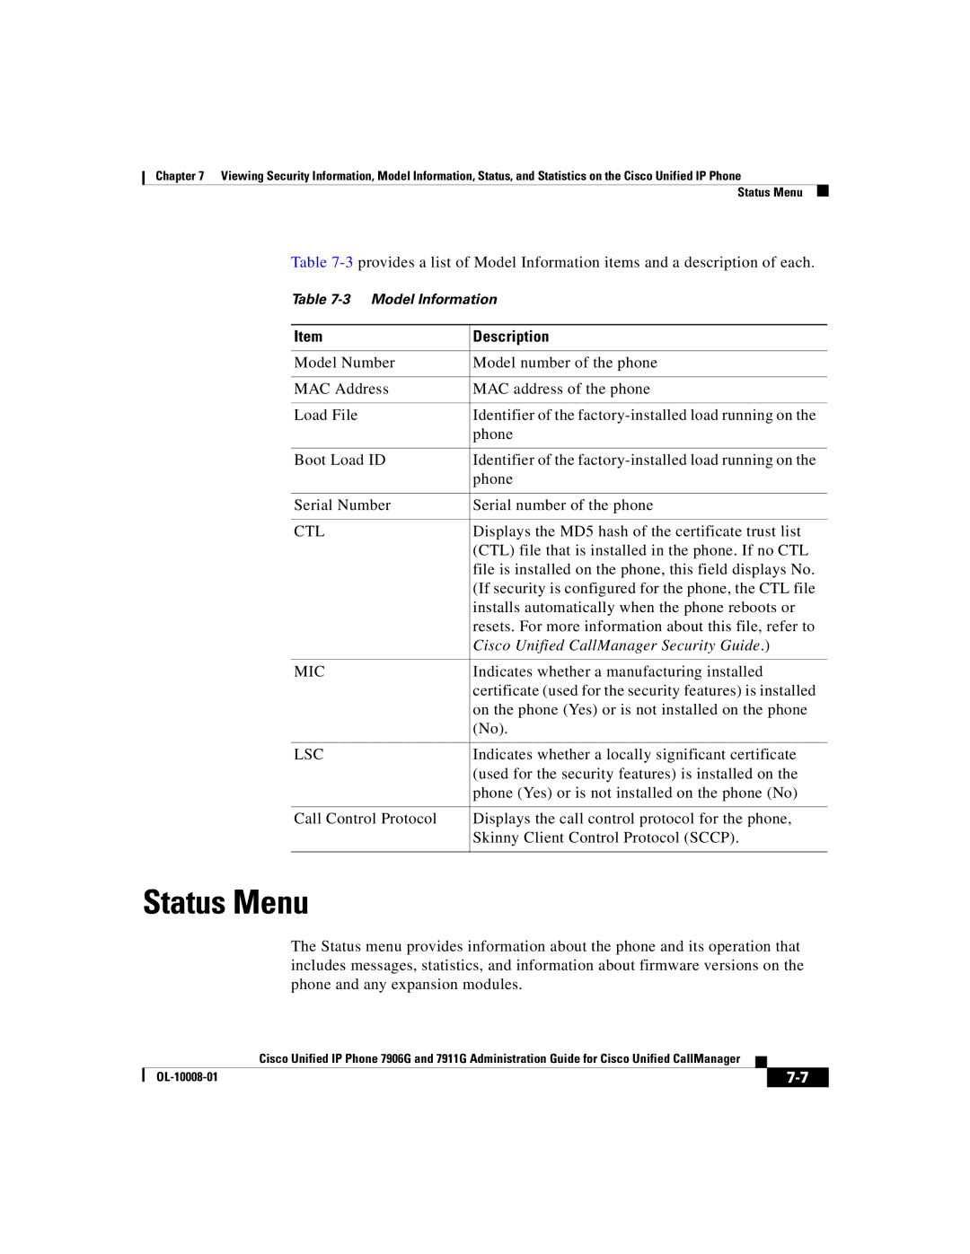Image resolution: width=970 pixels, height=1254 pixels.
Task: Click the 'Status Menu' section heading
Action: [225, 902]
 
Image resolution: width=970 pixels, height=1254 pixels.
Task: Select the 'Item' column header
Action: [308, 337]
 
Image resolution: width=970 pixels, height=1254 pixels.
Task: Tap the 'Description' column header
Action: [511, 337]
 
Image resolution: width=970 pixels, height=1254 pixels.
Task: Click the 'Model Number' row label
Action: [344, 363]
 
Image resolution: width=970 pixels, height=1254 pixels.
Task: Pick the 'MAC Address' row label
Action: [341, 389]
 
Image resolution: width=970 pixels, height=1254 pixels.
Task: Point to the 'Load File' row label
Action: [325, 415]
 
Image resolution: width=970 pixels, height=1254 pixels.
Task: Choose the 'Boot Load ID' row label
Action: [339, 460]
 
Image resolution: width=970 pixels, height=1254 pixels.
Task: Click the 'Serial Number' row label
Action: [342, 505]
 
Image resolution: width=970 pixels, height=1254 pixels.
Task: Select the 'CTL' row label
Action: [309, 531]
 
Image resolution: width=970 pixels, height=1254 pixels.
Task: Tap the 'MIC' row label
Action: [309, 671]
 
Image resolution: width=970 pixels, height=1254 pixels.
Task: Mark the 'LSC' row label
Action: [308, 755]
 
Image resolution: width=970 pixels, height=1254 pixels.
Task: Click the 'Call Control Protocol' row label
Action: [365, 819]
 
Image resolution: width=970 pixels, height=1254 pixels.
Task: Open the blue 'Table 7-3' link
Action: [322, 262]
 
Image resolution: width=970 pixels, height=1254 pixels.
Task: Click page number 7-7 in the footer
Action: [798, 1077]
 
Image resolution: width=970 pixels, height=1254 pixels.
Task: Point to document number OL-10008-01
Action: [187, 1077]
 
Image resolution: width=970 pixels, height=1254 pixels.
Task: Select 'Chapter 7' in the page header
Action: [180, 176]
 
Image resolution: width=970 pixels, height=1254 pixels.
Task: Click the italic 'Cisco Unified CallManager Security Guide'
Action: [617, 645]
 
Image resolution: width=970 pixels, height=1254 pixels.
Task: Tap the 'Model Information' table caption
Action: [434, 299]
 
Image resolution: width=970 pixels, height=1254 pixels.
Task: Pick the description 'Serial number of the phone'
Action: [563, 505]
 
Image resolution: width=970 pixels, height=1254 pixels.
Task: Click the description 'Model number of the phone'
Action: [565, 363]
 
